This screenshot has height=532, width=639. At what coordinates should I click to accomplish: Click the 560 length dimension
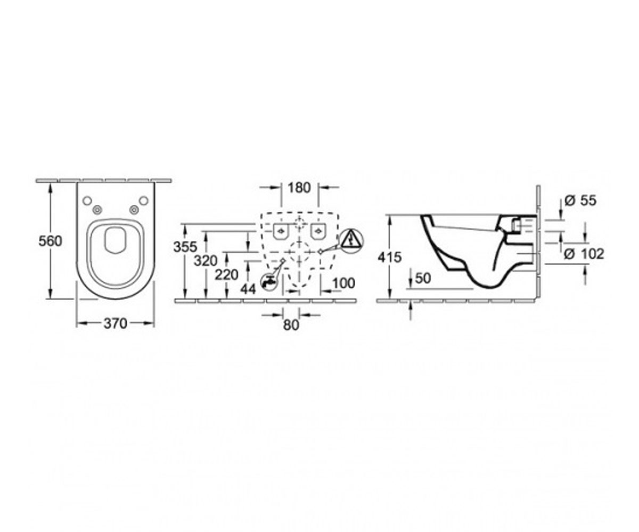point(50,242)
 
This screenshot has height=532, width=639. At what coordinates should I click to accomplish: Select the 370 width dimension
point(116,324)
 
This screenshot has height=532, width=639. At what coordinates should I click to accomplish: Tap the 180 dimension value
point(299,188)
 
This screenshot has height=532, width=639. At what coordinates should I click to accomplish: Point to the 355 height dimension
point(185,247)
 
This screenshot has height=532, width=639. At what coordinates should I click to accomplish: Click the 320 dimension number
point(206,261)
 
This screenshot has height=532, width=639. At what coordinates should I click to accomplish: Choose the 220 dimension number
point(226,275)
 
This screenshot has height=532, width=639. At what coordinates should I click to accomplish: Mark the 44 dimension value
point(248,289)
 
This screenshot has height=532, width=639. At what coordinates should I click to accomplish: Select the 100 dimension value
point(343,283)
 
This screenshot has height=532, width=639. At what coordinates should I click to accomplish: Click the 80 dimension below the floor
point(291,325)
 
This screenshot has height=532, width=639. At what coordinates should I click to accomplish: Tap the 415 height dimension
point(389,257)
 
